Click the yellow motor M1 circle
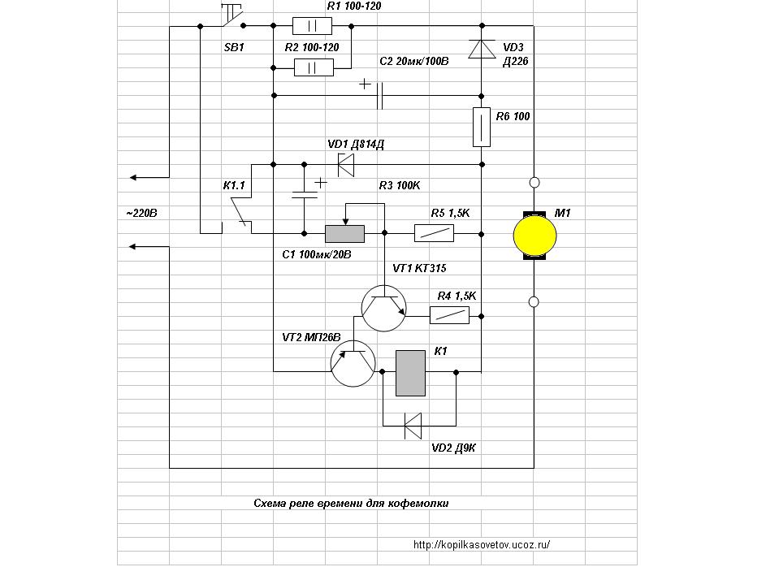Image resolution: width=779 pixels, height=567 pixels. tap(534, 236)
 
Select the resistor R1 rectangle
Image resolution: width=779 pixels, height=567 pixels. tap(312, 26)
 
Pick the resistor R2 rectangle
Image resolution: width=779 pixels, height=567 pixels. tap(314, 67)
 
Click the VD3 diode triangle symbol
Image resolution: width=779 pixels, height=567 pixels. tap(482, 50)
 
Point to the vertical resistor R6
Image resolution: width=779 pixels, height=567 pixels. tap(482, 127)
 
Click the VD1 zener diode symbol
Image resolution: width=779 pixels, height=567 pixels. tap(346, 164)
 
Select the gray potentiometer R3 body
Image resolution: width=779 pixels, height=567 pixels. tap(344, 234)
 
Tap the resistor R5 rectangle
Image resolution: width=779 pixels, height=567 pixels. tap(435, 234)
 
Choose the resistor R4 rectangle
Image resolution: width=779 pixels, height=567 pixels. tap(449, 315)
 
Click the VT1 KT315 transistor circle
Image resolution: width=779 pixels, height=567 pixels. tap(383, 308)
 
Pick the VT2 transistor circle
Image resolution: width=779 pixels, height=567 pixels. tap(353, 364)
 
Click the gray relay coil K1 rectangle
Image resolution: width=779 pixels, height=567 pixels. tap(410, 373)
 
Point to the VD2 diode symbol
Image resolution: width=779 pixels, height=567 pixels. tap(413, 426)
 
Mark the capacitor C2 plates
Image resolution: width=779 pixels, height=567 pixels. tap(380, 96)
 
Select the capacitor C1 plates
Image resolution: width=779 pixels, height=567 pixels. tap(305, 195)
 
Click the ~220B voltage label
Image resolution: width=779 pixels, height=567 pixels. tap(141, 213)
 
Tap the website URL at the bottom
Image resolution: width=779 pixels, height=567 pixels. tap(482, 544)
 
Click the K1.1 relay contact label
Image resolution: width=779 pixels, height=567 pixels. tap(234, 186)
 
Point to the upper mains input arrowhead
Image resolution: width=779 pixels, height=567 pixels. tap(132, 177)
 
